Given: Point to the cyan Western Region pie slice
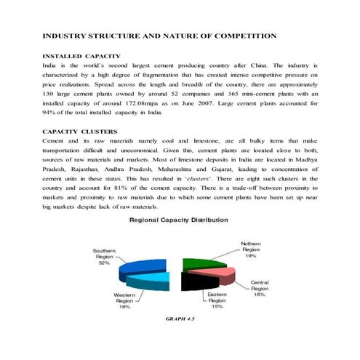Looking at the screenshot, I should pos(160,281).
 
